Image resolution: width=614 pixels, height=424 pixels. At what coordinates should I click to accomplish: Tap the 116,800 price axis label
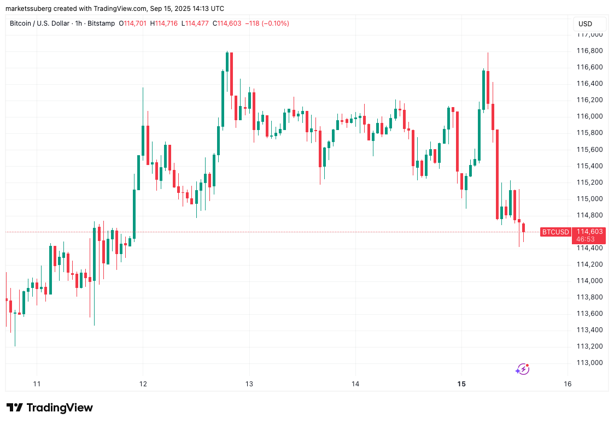589,51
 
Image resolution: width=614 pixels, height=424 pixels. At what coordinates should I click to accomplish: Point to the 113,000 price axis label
589,363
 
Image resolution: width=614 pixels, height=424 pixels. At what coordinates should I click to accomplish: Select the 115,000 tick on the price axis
589,199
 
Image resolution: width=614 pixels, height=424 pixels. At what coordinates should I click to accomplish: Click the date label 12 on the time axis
143,384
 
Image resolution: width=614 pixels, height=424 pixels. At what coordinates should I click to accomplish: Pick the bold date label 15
461,384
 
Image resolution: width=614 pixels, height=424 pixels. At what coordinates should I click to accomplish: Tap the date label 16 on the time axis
568,384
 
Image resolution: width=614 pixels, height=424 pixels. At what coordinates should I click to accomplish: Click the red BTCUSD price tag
555,232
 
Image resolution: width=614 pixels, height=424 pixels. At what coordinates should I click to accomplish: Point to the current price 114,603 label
589,232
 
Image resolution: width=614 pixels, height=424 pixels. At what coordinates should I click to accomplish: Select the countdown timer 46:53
586,239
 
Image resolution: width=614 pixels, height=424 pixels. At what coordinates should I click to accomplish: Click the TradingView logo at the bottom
50,408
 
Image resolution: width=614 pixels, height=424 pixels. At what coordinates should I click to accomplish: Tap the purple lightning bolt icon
522,369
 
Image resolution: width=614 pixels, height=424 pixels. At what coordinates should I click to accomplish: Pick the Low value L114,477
196,23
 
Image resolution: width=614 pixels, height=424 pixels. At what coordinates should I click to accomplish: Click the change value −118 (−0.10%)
267,23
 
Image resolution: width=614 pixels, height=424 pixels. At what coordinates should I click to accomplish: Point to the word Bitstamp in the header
101,23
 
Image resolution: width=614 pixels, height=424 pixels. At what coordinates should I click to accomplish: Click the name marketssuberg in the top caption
27,9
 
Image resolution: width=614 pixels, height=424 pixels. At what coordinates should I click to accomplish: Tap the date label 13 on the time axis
249,384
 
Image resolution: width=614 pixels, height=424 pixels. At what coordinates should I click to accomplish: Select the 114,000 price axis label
589,281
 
